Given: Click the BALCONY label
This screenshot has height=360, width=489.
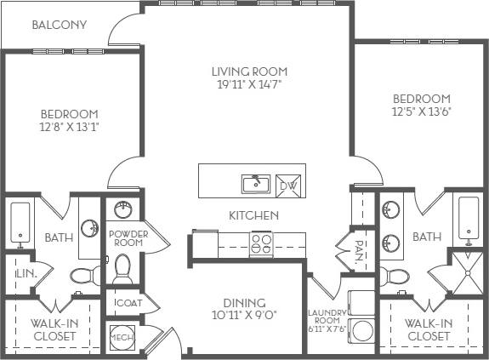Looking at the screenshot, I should point(60,25).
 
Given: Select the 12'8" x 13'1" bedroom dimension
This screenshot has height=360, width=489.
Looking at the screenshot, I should point(70,128).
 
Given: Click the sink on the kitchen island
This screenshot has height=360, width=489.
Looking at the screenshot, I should point(255,183).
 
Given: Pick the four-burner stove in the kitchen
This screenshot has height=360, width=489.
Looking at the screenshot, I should point(260,244).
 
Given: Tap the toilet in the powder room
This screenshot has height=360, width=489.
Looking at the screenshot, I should point(122,270).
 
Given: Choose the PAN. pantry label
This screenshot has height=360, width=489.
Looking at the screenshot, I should point(361,253).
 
